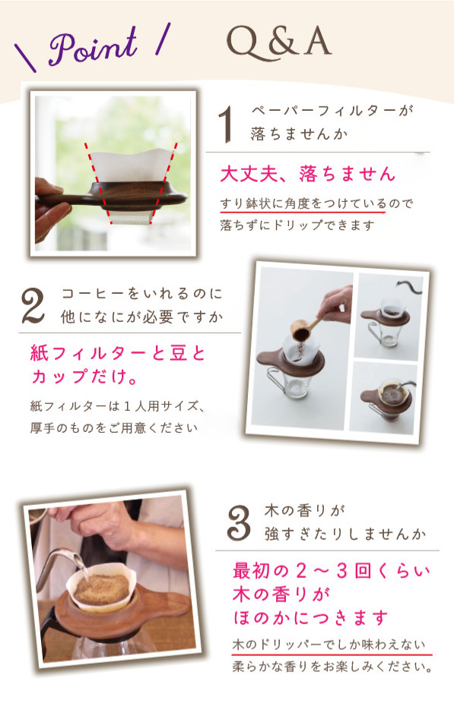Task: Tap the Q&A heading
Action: (278, 43)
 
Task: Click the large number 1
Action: (227, 124)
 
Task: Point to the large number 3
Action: (239, 523)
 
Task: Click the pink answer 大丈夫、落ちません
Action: (307, 174)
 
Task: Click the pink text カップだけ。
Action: (84, 377)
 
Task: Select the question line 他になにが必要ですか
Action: (142, 317)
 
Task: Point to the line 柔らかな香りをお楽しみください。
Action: (332, 667)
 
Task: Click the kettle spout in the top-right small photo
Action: (405, 285)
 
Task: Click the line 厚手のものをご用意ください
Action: (114, 428)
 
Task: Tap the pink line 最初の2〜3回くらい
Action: (332, 571)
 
